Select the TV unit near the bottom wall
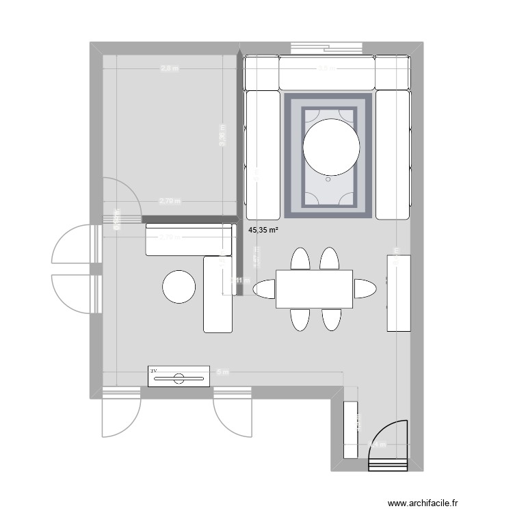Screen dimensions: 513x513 178,376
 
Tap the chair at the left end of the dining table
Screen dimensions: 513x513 264,289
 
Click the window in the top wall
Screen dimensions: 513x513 326,48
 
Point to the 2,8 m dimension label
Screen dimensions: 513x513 169,68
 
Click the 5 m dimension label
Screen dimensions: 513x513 222,372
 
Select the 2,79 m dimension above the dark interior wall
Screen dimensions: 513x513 170,201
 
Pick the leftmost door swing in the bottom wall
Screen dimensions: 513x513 121,414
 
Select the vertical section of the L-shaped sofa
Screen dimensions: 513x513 219,294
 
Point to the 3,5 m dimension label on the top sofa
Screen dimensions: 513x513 326,68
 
